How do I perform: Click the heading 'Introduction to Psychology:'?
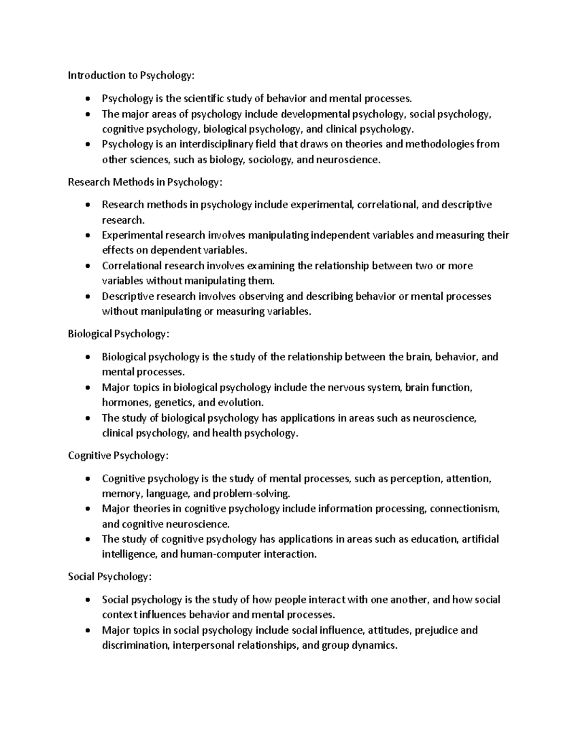(132, 75)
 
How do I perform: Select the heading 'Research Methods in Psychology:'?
(145, 182)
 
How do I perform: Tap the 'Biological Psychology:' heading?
(118, 334)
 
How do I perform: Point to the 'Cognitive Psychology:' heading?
(118, 455)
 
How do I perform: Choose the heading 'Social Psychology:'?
(110, 577)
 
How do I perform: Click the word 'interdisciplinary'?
(214, 144)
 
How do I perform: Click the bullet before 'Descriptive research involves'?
(87, 297)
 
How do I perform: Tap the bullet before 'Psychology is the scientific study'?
(87, 99)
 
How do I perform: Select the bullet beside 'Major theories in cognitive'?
(87, 509)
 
